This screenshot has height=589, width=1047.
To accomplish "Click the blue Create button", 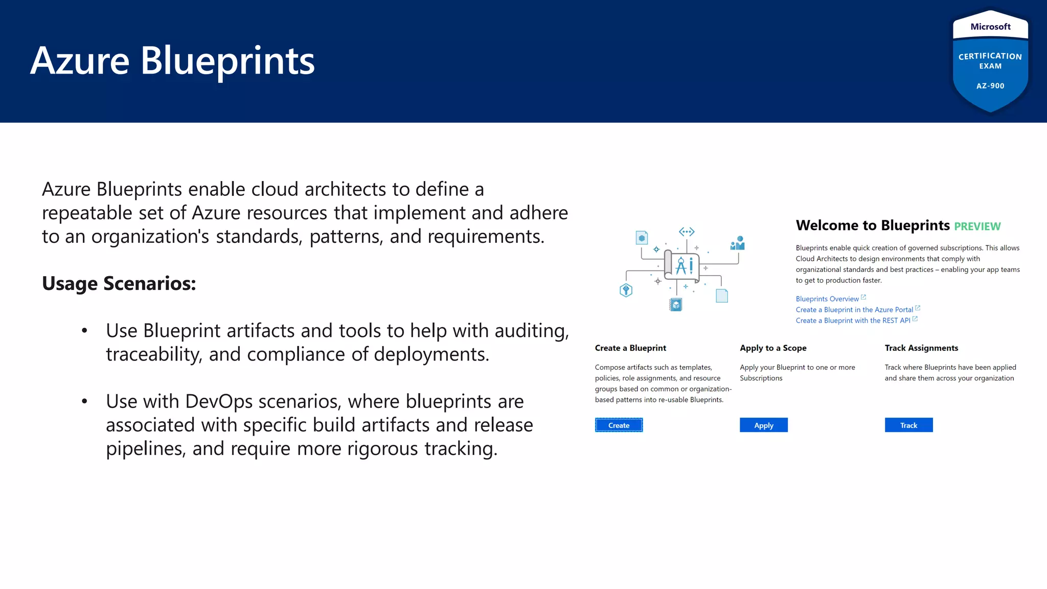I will tap(619, 425).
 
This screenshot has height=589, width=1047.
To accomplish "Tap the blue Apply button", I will tap(763, 425).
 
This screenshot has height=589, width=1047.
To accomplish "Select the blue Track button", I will tap(908, 425).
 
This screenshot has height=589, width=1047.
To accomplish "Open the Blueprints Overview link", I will tap(827, 299).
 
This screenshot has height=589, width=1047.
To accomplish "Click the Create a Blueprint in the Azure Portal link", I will tap(854, 309).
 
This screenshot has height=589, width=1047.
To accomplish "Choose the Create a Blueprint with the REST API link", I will tap(853, 320).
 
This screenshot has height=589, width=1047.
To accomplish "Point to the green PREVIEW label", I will tap(977, 226).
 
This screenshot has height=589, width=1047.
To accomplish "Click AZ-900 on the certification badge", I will tap(990, 86).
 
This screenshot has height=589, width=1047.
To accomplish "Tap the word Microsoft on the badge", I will tap(990, 27).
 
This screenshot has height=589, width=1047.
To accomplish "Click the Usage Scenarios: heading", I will tap(119, 283).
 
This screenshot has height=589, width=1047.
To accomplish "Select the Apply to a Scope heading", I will tap(773, 348).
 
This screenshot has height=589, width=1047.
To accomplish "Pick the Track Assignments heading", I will tap(921, 348).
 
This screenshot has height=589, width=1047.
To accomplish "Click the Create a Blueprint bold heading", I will tap(630, 348).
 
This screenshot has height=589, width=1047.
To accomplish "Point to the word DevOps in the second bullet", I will tap(219, 401).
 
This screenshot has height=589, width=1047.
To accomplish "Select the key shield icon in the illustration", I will tap(626, 290).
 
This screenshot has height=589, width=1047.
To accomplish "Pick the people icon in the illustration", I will tap(738, 243).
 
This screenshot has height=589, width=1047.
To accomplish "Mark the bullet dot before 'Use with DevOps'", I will tap(84, 401).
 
